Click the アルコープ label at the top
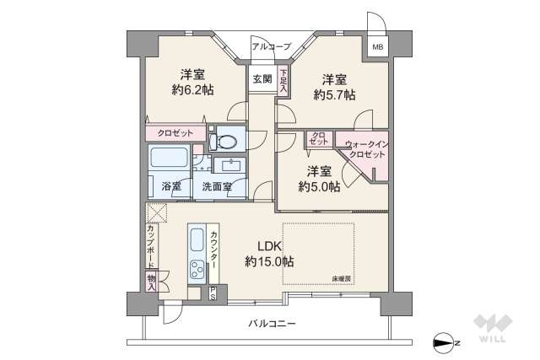(x=271, y=46)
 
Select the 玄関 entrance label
(x=261, y=79)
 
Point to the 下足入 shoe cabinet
(x=283, y=81)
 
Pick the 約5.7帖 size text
(x=334, y=95)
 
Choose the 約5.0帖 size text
(x=319, y=186)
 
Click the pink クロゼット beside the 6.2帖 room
(x=175, y=133)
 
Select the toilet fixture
(x=227, y=138)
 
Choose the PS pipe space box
(x=213, y=293)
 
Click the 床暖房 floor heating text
(x=342, y=277)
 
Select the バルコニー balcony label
(x=272, y=324)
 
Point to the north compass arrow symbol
(x=445, y=341)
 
